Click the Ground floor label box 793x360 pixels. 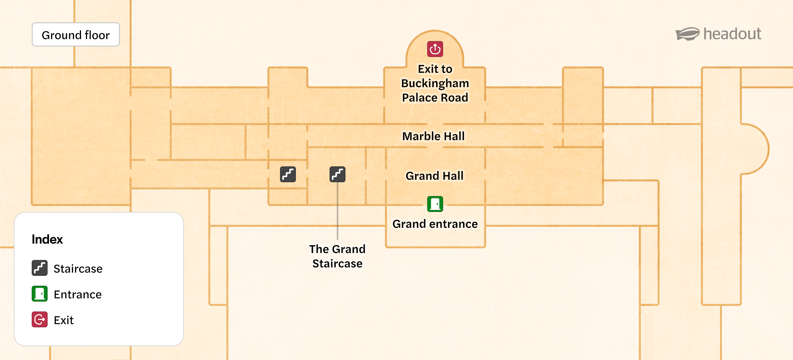pos(76,35)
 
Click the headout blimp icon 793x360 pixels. pos(687,34)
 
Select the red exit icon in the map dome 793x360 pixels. pos(435,49)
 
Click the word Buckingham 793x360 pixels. pos(435,83)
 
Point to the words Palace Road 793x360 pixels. pos(435,98)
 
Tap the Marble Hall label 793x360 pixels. pos(433,136)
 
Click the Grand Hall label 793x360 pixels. pos(434,176)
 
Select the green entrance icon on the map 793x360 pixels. pos(435,204)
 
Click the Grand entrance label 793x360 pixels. pos(435,224)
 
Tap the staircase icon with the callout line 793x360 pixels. pos(337,175)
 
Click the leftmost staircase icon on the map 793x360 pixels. pos(288,175)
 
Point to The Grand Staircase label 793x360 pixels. pos(337,256)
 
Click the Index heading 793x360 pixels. pos(47,239)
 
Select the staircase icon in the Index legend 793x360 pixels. pos(40,268)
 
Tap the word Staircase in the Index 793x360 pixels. pos(78,269)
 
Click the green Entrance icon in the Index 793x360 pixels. pos(40,294)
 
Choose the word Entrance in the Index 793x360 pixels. pos(78,294)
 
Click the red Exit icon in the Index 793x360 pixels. pos(40,319)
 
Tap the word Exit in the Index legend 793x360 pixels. pos(64,320)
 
